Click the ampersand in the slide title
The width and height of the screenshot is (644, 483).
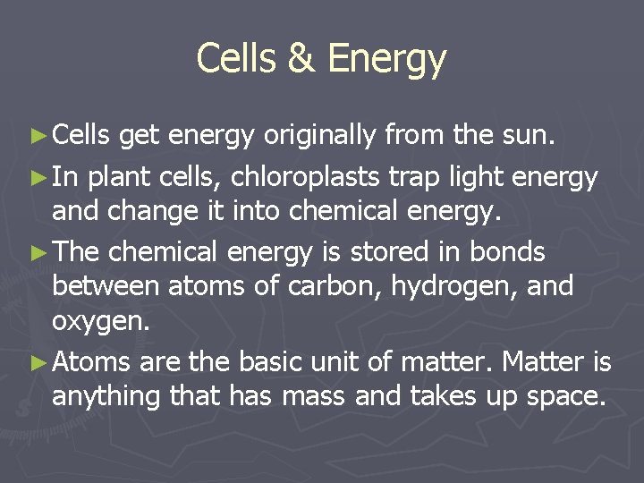[x=303, y=59]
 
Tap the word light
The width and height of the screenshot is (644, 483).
[x=482, y=179]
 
